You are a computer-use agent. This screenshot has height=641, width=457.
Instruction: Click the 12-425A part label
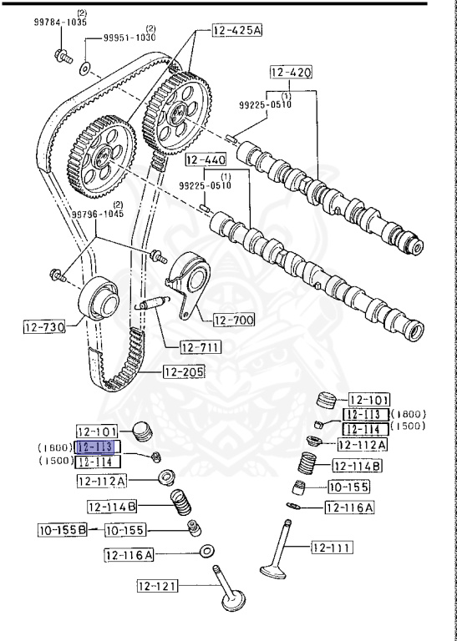[237, 32]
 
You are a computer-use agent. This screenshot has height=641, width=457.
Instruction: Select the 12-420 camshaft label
[291, 73]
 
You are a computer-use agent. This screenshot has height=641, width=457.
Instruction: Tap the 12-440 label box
[205, 158]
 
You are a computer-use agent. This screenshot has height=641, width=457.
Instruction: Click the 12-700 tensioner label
[232, 319]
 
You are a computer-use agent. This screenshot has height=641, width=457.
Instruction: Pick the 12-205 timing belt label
[183, 372]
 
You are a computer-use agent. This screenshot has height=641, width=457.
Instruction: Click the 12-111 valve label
[332, 548]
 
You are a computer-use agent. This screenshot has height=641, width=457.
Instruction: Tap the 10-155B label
[62, 529]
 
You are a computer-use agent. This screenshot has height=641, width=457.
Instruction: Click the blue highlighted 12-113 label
[99, 447]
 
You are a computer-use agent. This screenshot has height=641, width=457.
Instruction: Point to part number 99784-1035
[60, 23]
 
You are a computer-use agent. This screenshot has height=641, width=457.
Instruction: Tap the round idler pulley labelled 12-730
[99, 298]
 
